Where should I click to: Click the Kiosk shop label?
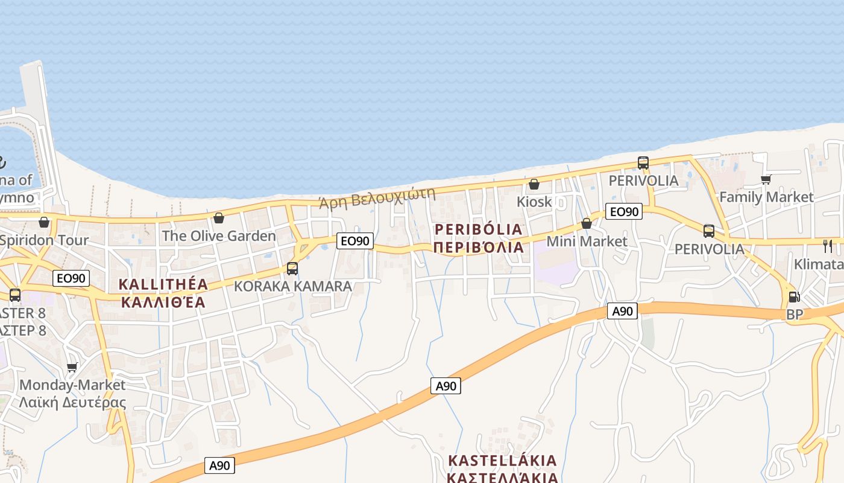point(534,201)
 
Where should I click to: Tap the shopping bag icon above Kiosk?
point(534,184)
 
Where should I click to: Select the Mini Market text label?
point(587,241)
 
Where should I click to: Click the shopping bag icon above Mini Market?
point(587,224)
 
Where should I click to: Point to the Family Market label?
point(766,197)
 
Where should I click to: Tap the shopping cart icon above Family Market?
point(766,179)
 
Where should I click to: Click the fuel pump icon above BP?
point(795,296)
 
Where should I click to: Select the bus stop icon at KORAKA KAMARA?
point(292,269)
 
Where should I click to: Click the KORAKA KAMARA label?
point(292,286)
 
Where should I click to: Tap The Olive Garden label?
point(219,235)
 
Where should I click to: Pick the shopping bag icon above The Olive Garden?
point(219,218)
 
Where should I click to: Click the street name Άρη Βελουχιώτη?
point(377,197)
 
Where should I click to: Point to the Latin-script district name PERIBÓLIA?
point(478,229)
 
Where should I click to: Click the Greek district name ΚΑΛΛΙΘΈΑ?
point(163,302)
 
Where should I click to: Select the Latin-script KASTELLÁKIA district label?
point(502,461)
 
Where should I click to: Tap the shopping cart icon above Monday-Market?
point(72,367)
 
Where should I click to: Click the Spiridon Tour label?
point(44,240)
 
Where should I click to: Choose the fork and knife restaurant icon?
point(828,246)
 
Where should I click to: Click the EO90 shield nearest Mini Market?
point(623,211)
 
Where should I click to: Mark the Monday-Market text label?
point(72,385)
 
